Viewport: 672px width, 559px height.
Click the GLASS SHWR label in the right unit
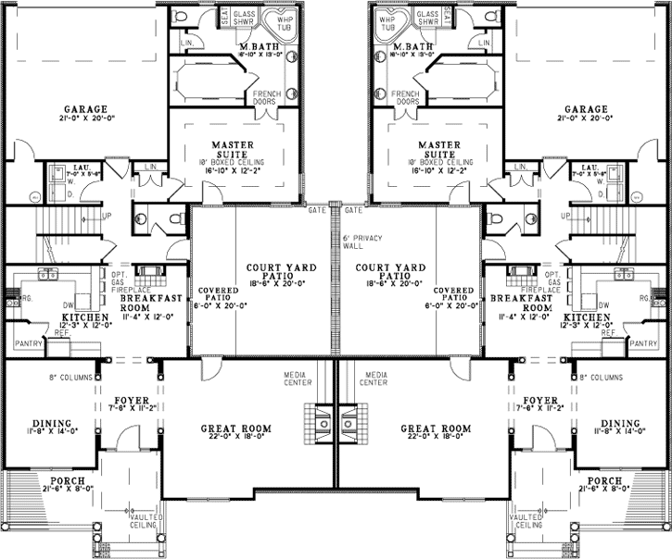(427, 20)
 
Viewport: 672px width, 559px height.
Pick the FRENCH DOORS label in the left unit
(268, 97)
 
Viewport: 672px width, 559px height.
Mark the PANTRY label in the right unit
(643, 343)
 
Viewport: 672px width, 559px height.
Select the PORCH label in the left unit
(68, 481)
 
